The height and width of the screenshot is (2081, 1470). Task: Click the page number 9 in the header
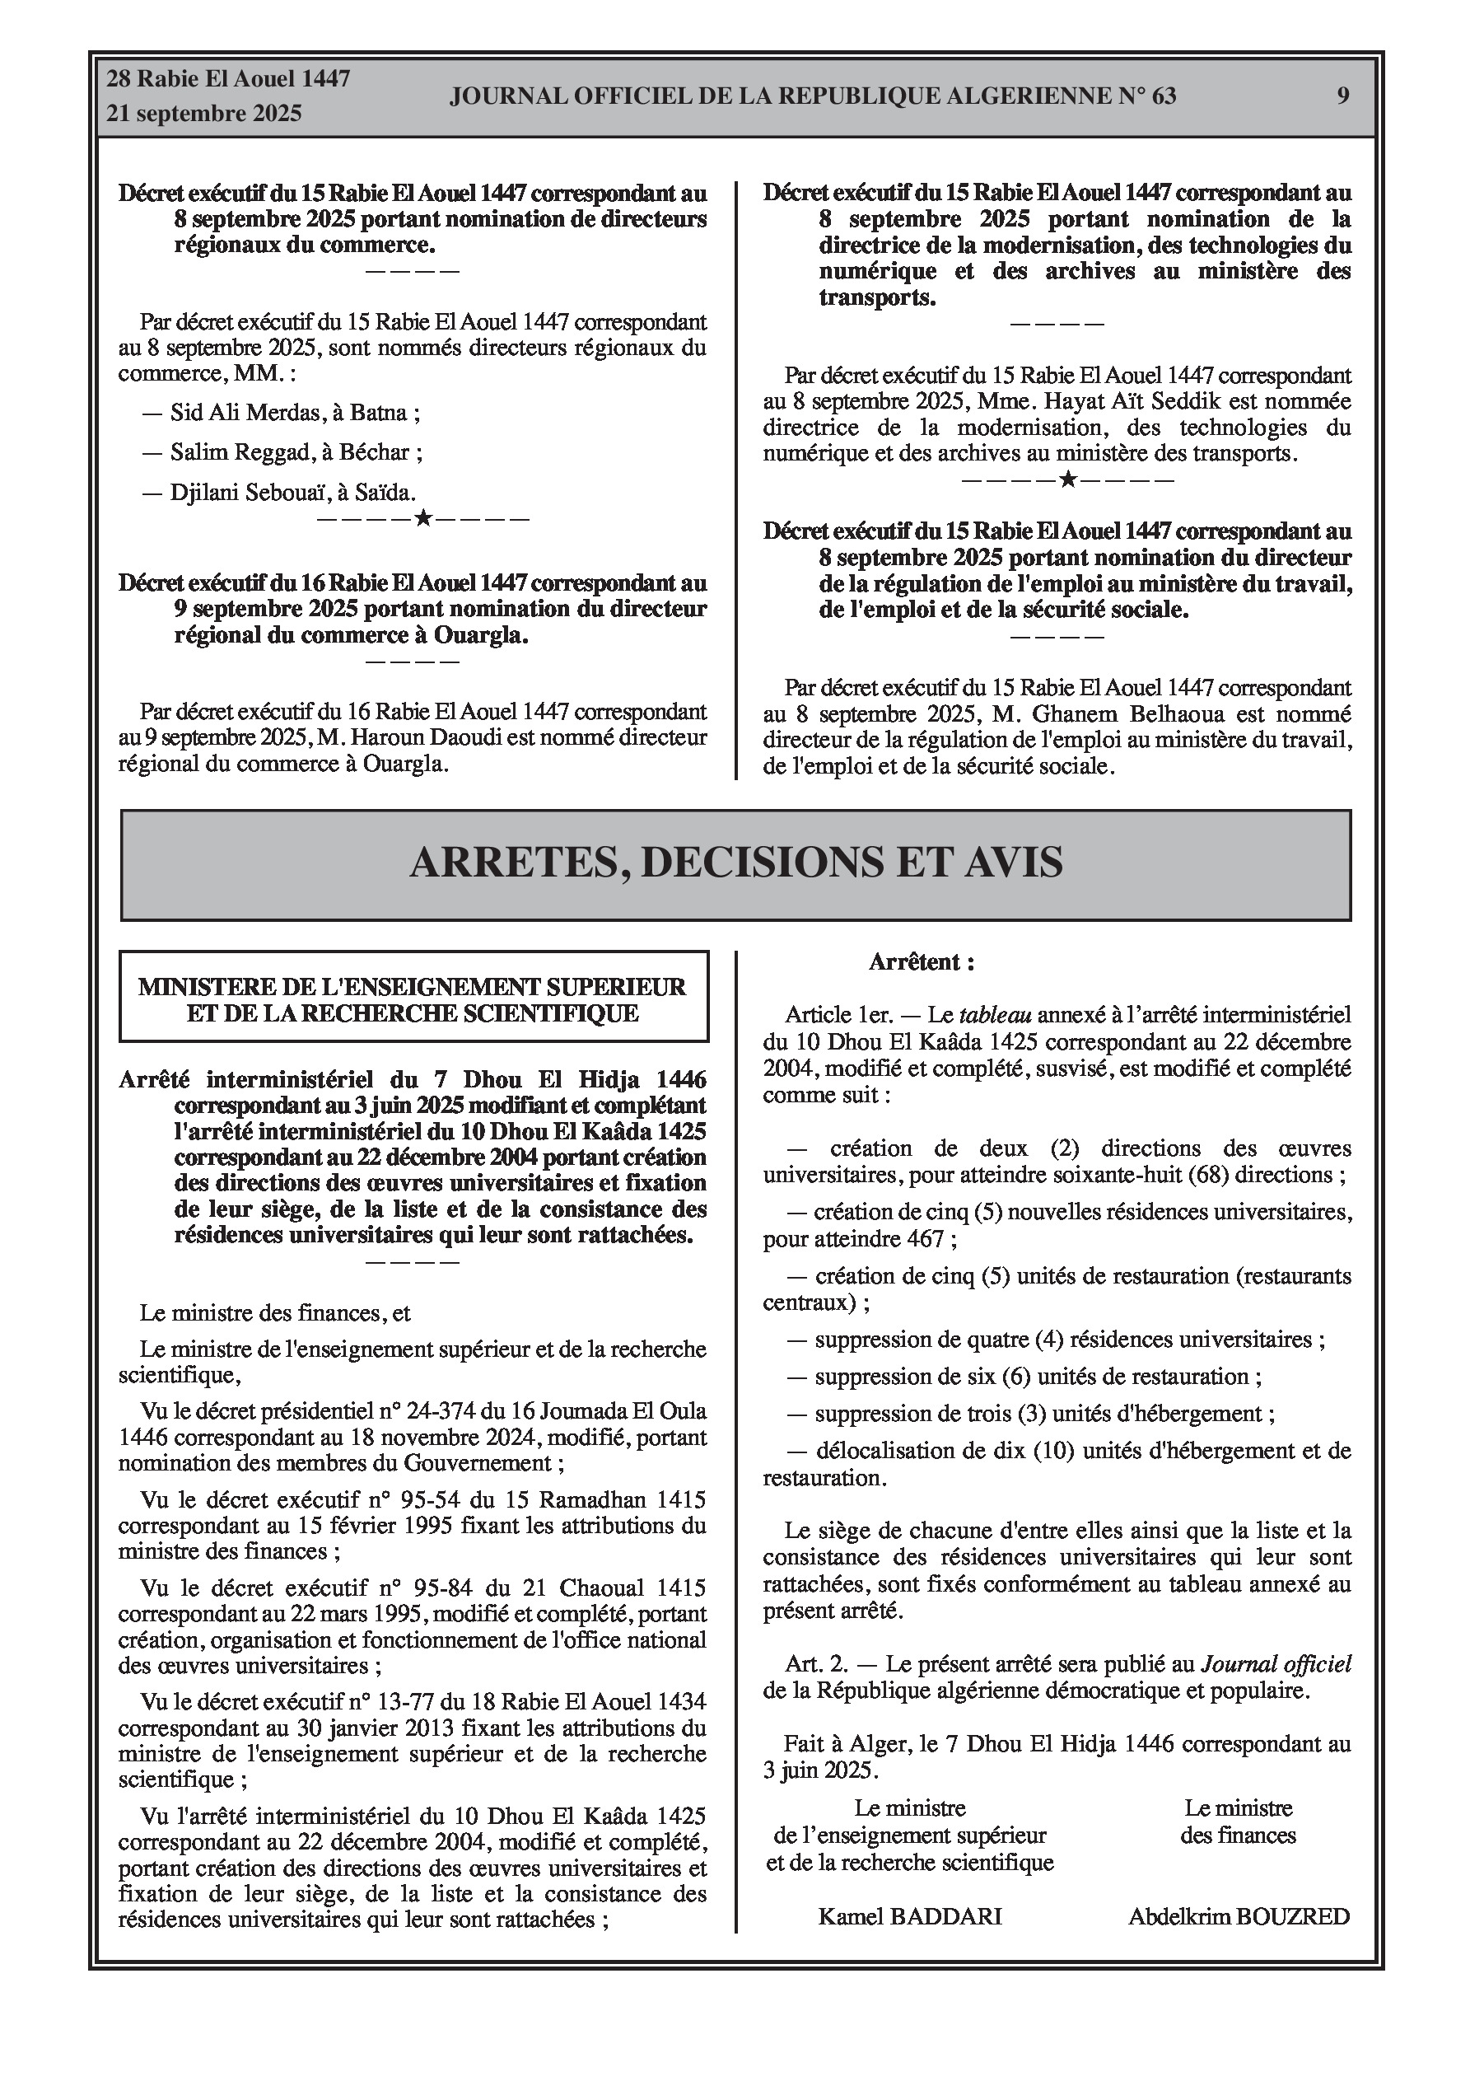click(x=1342, y=96)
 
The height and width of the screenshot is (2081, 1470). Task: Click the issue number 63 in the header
click(x=1164, y=96)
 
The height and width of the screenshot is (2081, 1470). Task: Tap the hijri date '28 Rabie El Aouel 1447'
click(x=228, y=79)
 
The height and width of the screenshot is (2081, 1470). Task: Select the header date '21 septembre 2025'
click(x=204, y=115)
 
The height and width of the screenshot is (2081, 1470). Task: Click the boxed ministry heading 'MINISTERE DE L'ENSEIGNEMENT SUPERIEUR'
click(x=413, y=987)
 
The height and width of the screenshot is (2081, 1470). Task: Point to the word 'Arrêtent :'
click(x=921, y=962)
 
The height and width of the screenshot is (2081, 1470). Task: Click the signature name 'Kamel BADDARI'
click(x=910, y=1916)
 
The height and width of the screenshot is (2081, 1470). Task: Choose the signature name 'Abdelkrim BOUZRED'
click(x=1238, y=1916)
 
